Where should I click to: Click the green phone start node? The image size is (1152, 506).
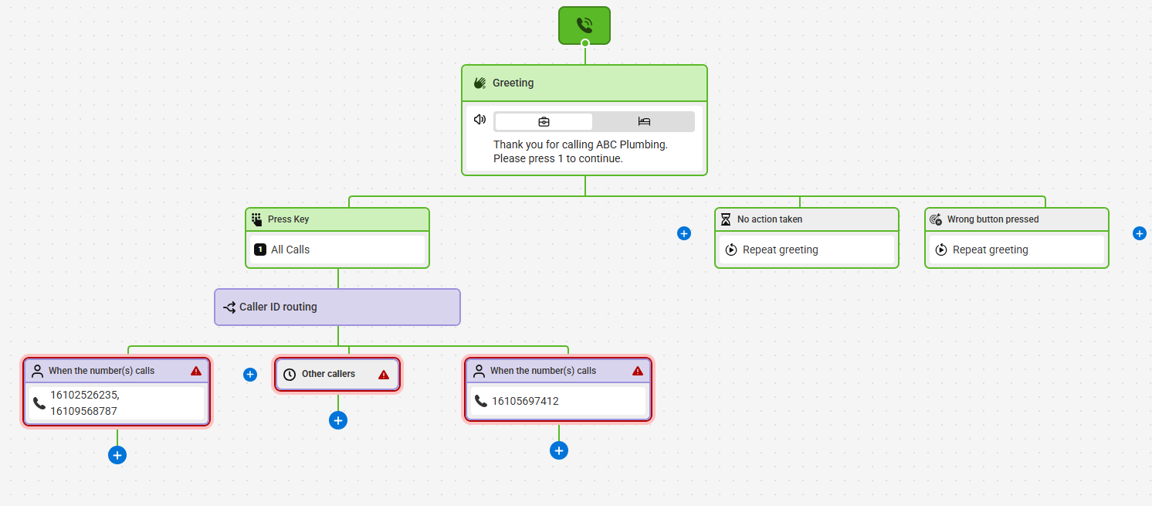click(584, 25)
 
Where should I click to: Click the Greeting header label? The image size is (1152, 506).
click(513, 83)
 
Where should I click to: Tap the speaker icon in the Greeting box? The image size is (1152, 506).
click(479, 120)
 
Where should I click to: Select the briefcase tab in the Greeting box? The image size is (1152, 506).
click(544, 121)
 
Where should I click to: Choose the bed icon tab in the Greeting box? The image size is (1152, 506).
click(644, 121)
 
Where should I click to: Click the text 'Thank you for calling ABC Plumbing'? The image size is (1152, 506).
click(580, 144)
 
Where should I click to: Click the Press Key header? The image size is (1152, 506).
click(337, 219)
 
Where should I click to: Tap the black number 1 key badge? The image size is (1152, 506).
click(260, 250)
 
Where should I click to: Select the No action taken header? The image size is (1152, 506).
click(806, 219)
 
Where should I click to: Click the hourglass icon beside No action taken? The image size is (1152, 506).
click(726, 219)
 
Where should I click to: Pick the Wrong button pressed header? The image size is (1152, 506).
click(1016, 219)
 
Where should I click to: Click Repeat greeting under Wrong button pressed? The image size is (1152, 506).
click(990, 250)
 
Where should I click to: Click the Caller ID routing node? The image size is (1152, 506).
click(337, 307)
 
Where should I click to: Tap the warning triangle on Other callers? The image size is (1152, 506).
click(384, 374)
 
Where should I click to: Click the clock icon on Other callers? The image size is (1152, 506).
click(290, 374)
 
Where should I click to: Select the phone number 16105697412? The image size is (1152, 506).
click(525, 401)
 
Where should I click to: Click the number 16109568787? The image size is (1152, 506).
click(83, 411)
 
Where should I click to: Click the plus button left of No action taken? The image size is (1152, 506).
click(683, 234)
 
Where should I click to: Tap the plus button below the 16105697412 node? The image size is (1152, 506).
click(558, 450)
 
